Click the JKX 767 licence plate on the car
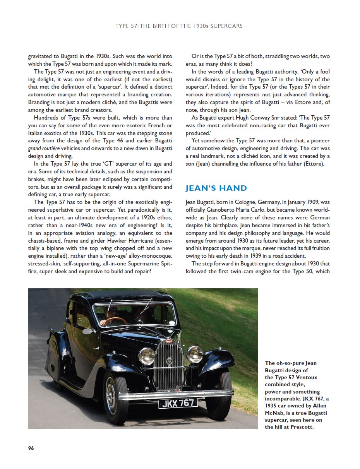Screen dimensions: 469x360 178,403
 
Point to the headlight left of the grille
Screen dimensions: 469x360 146,356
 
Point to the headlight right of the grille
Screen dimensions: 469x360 194,354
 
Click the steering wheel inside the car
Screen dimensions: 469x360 116,321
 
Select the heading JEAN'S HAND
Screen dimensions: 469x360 216,188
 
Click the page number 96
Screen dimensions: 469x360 31,448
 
